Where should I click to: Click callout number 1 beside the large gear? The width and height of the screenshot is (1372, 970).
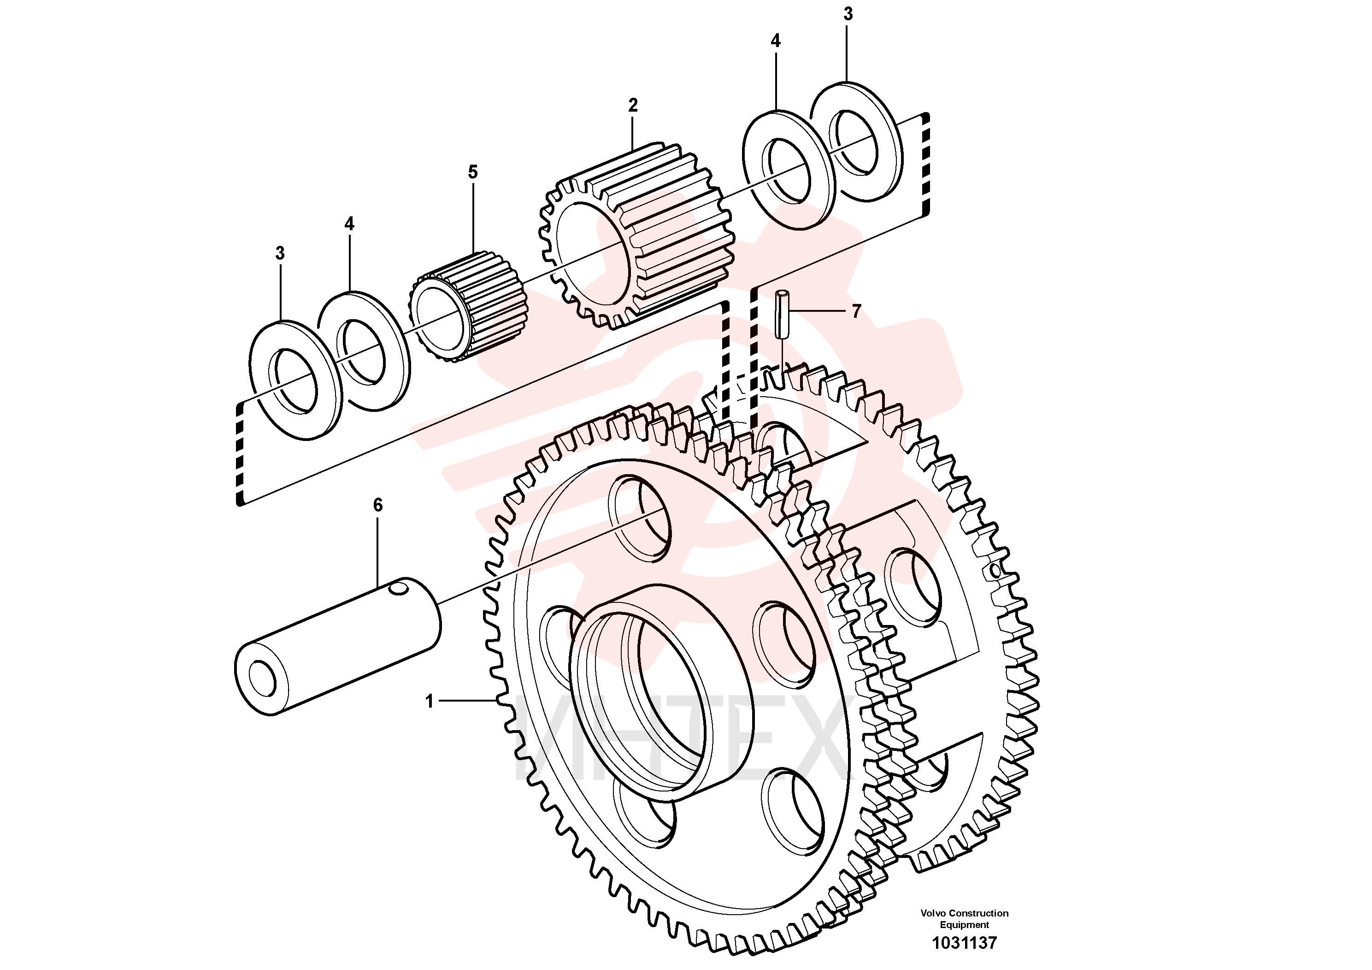click(x=429, y=701)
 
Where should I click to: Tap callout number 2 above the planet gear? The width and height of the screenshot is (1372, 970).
click(x=633, y=105)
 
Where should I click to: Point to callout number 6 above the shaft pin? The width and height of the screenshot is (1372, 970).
click(x=377, y=506)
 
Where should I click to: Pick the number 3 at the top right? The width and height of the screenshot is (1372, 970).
click(x=848, y=14)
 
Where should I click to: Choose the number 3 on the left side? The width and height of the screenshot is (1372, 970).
click(x=280, y=254)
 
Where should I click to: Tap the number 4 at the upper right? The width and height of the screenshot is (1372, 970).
click(x=776, y=41)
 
